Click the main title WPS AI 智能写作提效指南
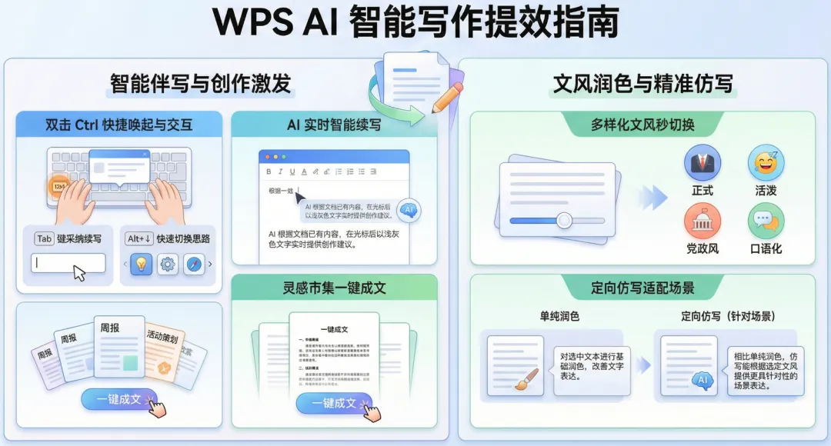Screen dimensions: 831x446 pos(415,23)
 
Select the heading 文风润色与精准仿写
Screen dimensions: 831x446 pos(642,83)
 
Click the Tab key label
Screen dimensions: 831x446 pos(44,238)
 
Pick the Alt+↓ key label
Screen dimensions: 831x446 pos(139,238)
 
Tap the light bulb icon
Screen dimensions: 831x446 pos(141,265)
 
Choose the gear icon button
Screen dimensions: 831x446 pos(168,265)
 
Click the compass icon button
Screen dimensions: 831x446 pos(194,265)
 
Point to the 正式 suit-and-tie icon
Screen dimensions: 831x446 pos(703,163)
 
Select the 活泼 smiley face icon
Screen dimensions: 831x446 pos(766,163)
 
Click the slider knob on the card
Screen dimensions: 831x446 pos(564,220)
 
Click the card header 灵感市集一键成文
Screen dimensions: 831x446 pos(334,288)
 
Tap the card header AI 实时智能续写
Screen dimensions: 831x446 pos(334,125)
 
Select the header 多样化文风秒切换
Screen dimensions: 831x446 pos(642,125)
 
